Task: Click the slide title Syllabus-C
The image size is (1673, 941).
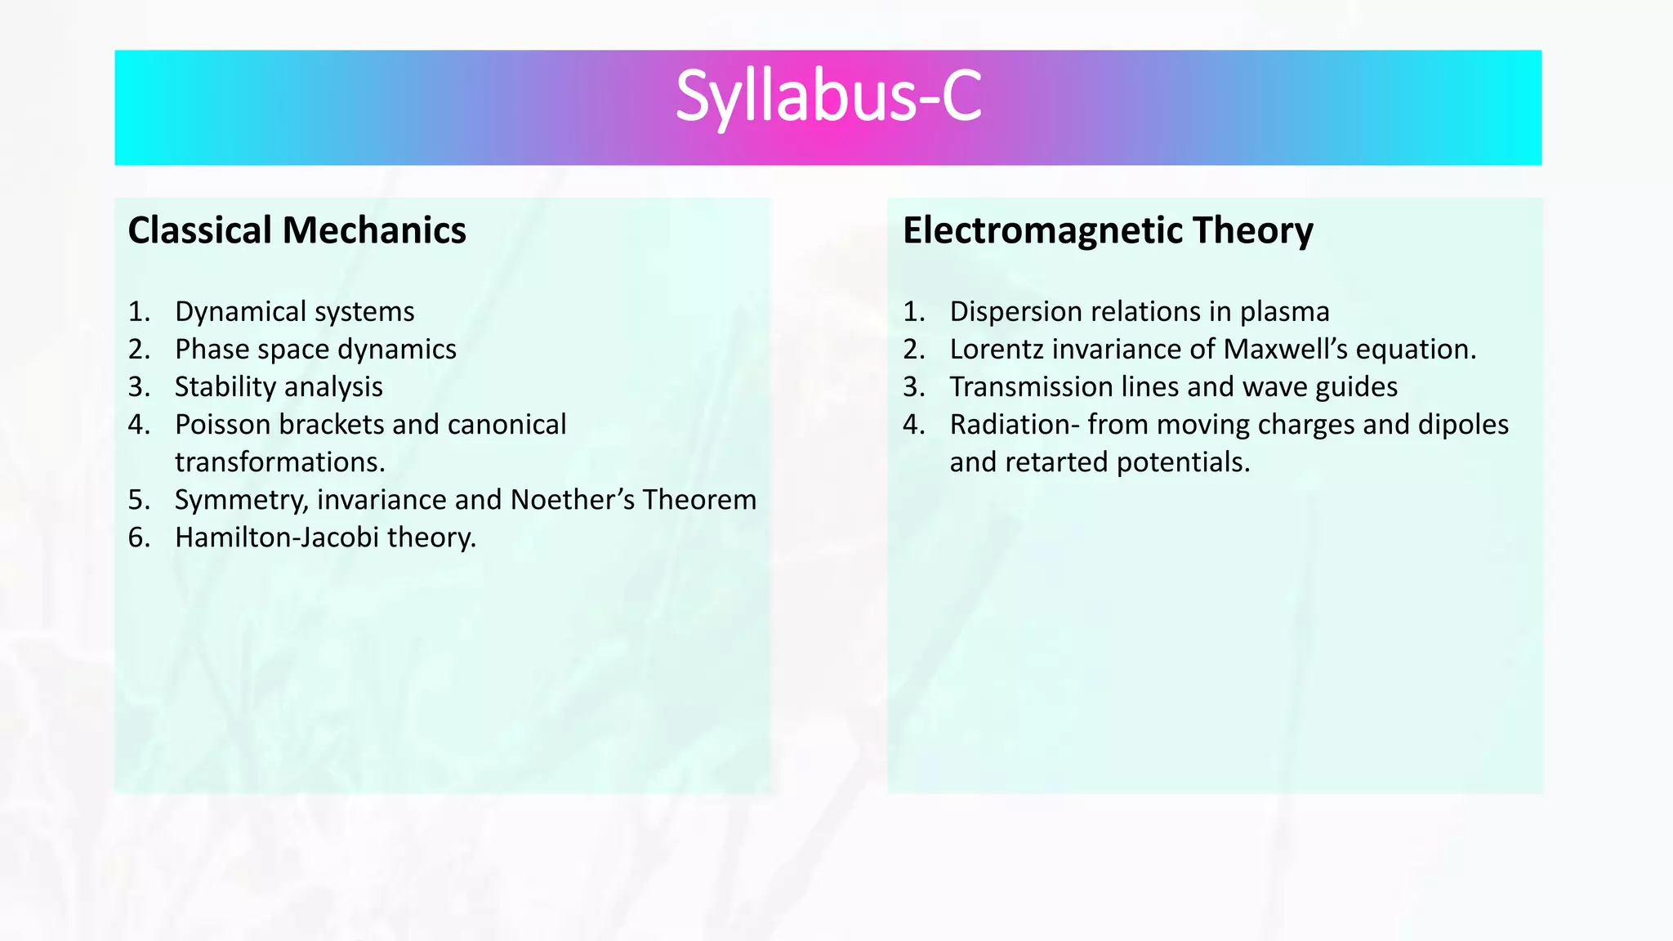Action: [828, 98]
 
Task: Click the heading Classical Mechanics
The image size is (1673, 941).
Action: [297, 230]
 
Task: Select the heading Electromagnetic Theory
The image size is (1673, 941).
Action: [1108, 230]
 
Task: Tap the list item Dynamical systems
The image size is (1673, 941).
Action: [294, 311]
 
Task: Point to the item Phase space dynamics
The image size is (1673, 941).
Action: [315, 349]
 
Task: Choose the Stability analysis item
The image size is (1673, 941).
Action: [279, 386]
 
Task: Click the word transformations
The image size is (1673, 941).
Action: [279, 462]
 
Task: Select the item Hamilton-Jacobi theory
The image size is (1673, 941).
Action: [325, 537]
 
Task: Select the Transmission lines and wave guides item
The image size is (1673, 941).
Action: [1173, 386]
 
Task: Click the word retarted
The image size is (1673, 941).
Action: [1057, 462]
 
